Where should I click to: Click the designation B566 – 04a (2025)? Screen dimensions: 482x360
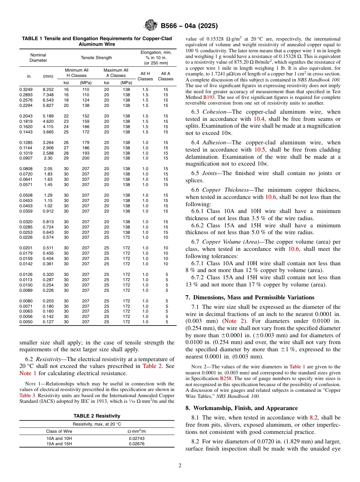pyautogui.click(x=189, y=26)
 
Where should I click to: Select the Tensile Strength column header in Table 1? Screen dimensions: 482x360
pyautogui.click(x=96, y=58)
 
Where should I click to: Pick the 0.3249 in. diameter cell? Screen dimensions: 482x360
pyautogui.click(x=26, y=89)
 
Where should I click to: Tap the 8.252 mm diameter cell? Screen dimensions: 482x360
pyautogui.click(x=48, y=89)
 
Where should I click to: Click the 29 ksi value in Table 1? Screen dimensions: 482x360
pyautogui.click(x=66, y=158)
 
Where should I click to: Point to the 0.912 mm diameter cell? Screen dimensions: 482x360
pyautogui.click(x=48, y=211)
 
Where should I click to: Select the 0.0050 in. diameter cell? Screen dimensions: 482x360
pyautogui.click(x=26, y=322)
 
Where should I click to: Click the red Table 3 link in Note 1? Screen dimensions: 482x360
pyautogui.click(x=27, y=394)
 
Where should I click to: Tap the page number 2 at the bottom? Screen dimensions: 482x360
pyautogui.click(x=180, y=466)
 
